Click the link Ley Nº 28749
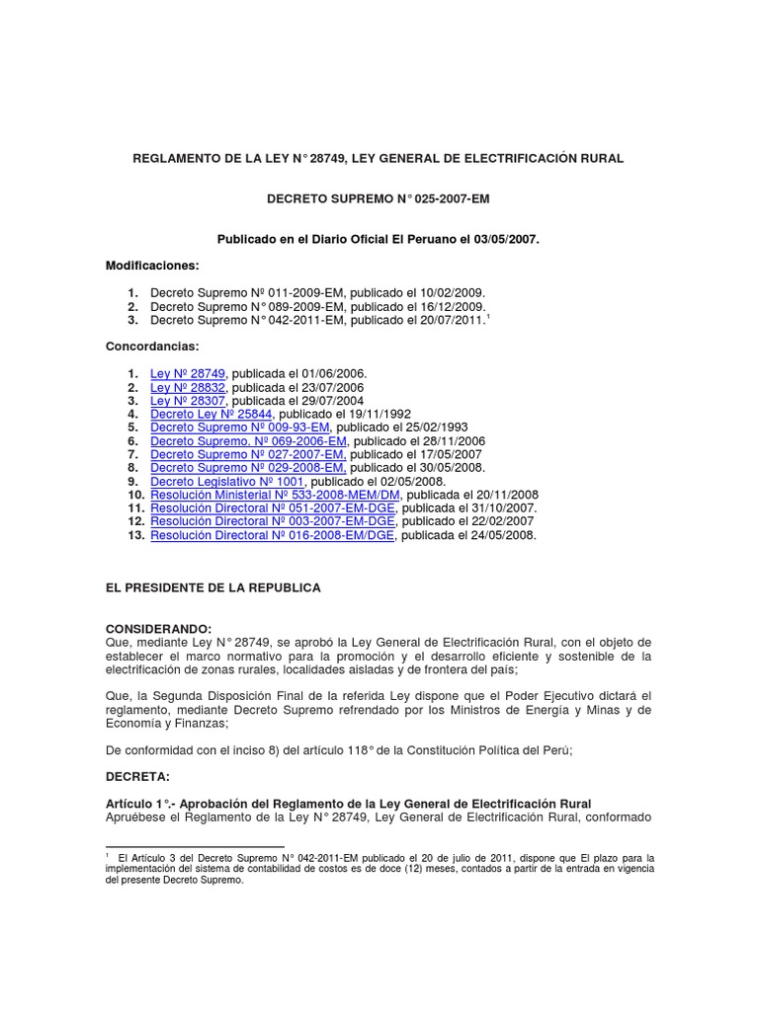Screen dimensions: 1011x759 pos(188,374)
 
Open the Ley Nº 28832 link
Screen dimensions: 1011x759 pos(188,388)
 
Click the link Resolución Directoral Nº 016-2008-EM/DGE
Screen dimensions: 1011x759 pos(272,534)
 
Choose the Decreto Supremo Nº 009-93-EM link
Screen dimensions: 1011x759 pos(241,428)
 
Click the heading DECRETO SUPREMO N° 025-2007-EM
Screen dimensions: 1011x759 pos(379,198)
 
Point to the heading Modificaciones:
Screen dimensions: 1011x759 pos(152,266)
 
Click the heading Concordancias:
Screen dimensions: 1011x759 pos(152,347)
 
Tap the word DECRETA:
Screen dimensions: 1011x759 pos(137,777)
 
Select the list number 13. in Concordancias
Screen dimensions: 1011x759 pos(134,534)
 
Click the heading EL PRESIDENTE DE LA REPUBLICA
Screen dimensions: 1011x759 pos(213,587)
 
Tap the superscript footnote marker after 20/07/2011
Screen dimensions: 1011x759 pos(488,316)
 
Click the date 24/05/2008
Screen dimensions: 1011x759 pos(503,534)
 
